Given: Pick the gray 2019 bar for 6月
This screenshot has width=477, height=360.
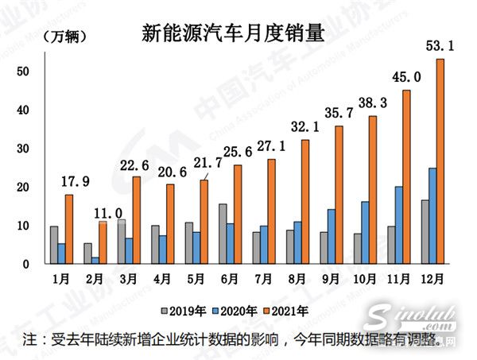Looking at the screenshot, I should click(x=223, y=234).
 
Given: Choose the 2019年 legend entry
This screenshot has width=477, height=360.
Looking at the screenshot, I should click(x=183, y=310).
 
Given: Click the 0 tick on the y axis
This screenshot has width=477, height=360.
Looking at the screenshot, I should click(x=27, y=265).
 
